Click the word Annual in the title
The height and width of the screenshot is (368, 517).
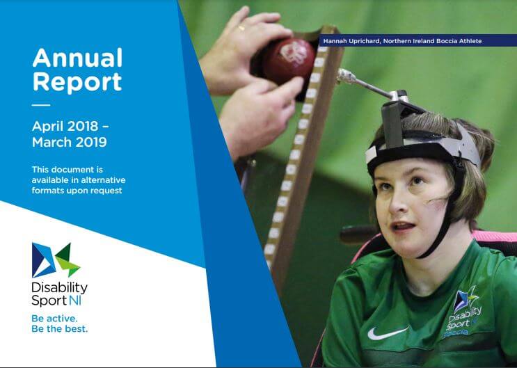(77, 58)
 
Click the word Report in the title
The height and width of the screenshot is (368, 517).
(77, 81)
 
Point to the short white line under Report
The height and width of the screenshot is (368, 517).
(41, 105)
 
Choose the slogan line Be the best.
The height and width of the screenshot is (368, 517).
(60, 328)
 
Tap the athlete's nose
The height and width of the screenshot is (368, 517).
(403, 205)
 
